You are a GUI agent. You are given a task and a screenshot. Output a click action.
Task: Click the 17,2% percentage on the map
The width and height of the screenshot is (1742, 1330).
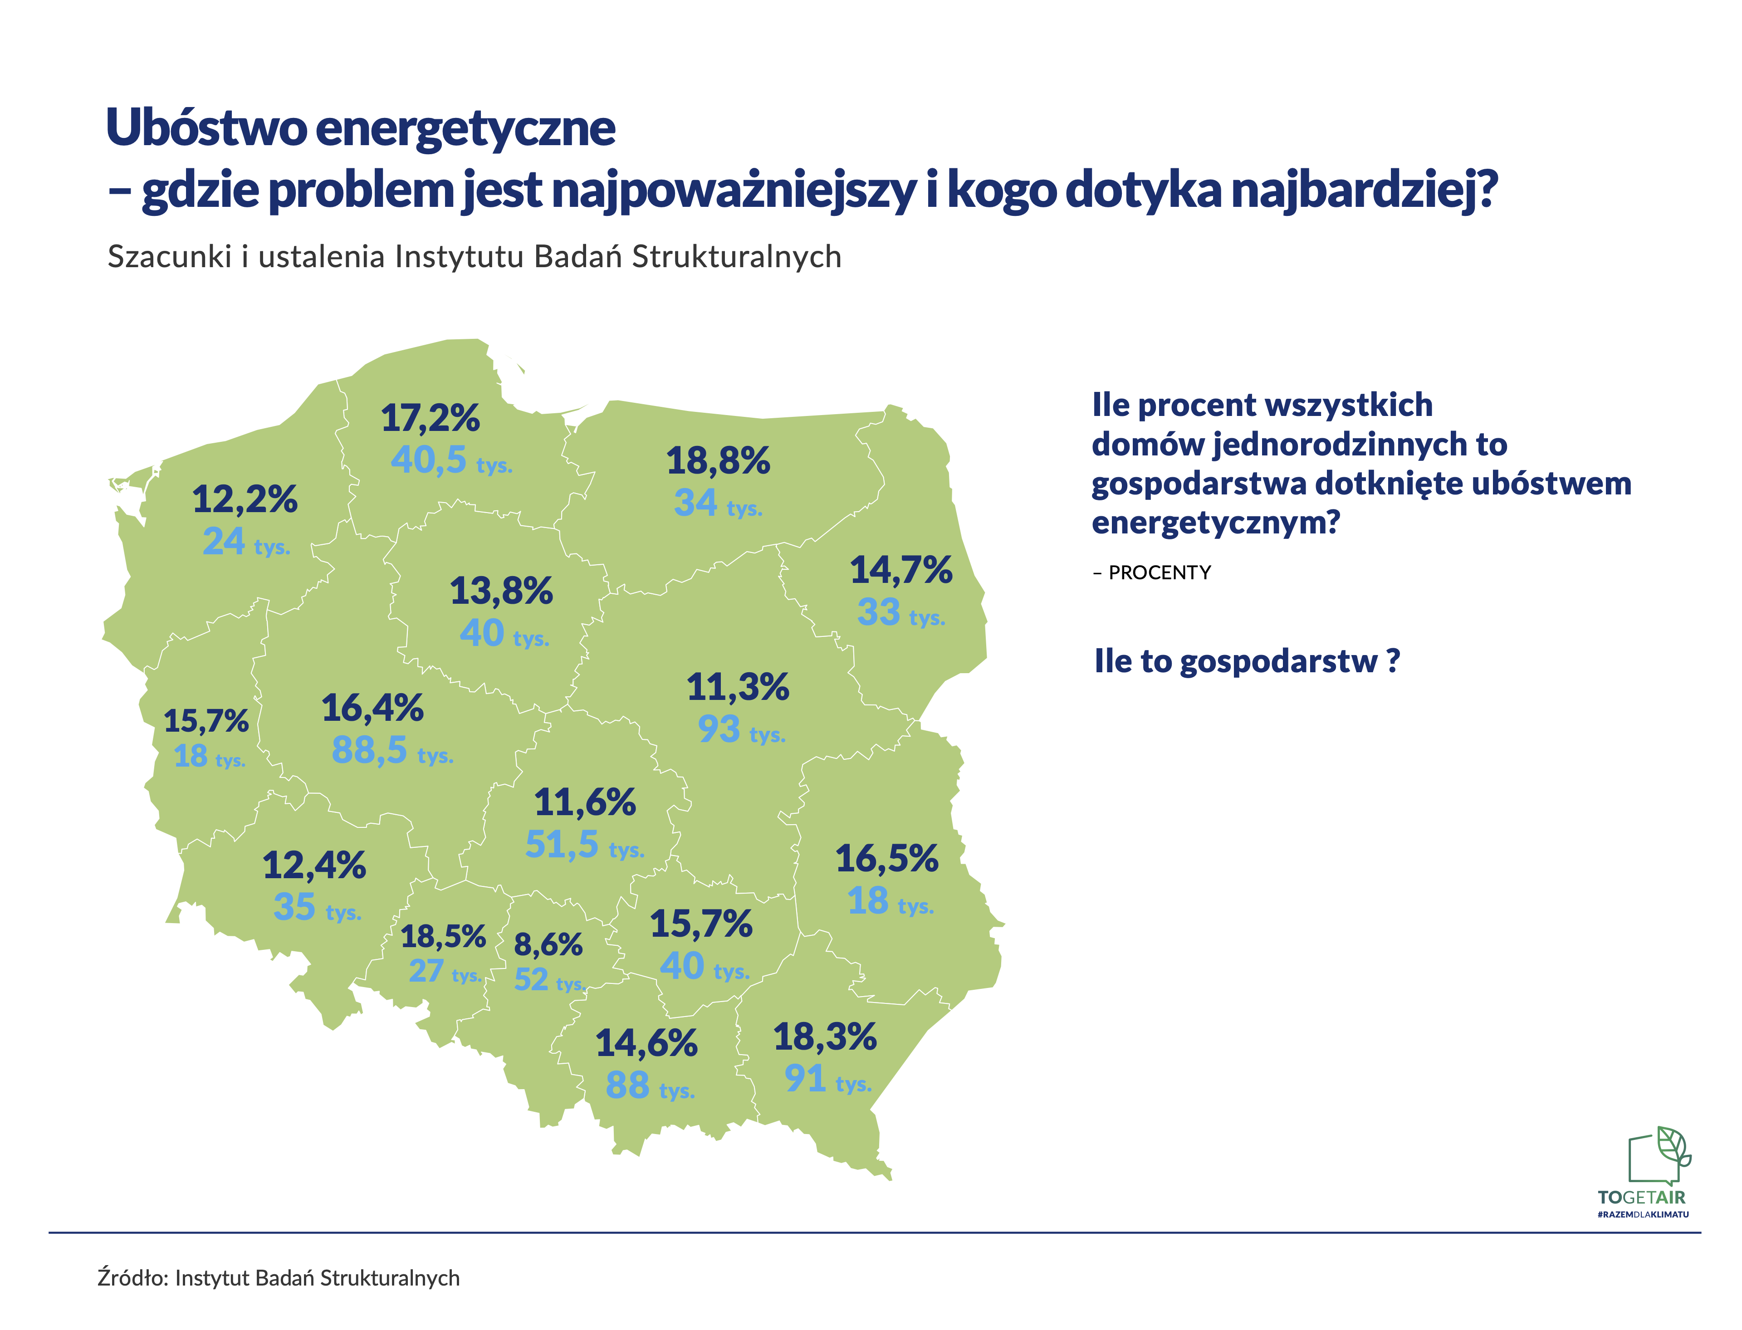coord(430,418)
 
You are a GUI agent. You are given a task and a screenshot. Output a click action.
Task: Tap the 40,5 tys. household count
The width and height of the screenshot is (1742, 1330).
coord(451,460)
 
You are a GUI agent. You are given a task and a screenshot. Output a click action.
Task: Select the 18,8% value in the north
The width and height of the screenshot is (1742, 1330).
coord(717,461)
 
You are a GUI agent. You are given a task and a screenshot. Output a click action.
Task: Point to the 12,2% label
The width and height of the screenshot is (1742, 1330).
coord(245,499)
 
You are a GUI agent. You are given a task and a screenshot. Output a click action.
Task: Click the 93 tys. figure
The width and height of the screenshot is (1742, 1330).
coord(741,729)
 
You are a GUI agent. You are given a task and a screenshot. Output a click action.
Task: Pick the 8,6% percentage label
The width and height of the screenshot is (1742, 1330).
coord(548,944)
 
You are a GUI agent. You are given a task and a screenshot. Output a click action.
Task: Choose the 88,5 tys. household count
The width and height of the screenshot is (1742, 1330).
coord(392,750)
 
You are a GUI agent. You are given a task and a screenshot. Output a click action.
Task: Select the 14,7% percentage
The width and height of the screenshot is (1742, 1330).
coord(901,570)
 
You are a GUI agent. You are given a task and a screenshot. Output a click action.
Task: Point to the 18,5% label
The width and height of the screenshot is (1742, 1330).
coord(443,937)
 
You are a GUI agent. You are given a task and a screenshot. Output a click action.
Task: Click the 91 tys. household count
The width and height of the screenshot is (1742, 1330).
coord(827,1078)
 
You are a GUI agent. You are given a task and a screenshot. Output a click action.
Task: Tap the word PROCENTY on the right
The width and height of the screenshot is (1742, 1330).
coord(1159,572)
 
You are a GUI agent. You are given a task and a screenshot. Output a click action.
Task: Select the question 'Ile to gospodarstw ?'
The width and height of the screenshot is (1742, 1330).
coord(1247,661)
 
